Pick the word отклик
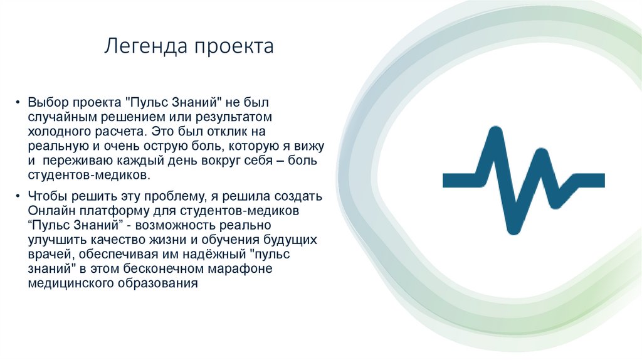point(223,132)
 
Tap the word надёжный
point(212,254)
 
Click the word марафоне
point(242,268)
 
